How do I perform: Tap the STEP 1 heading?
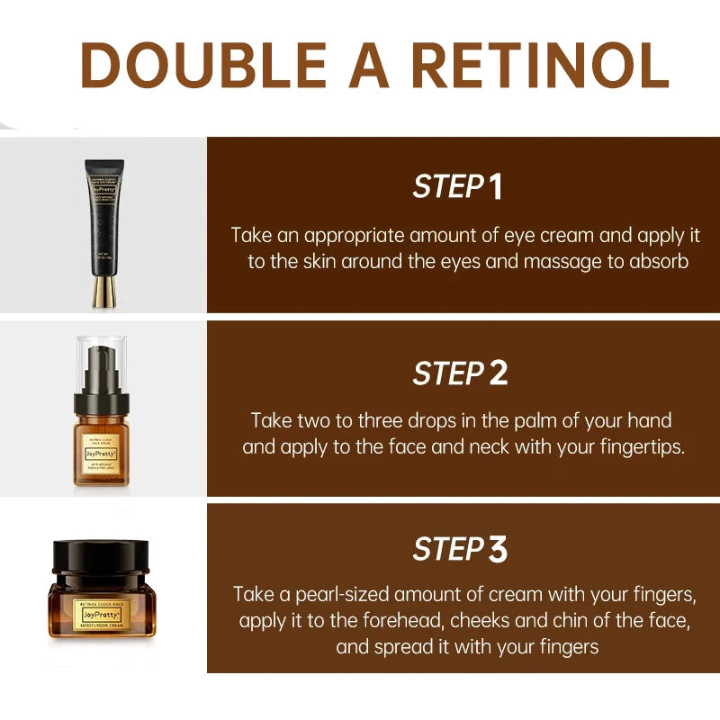pos(458,187)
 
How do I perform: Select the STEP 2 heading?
pos(460,373)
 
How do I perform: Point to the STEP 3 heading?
pos(460,549)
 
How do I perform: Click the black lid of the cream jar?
pos(101,560)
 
